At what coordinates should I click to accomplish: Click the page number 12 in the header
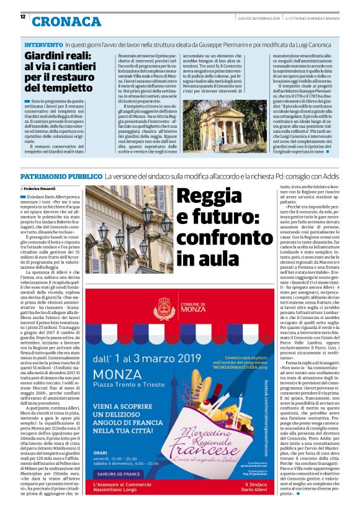pos(22,17)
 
